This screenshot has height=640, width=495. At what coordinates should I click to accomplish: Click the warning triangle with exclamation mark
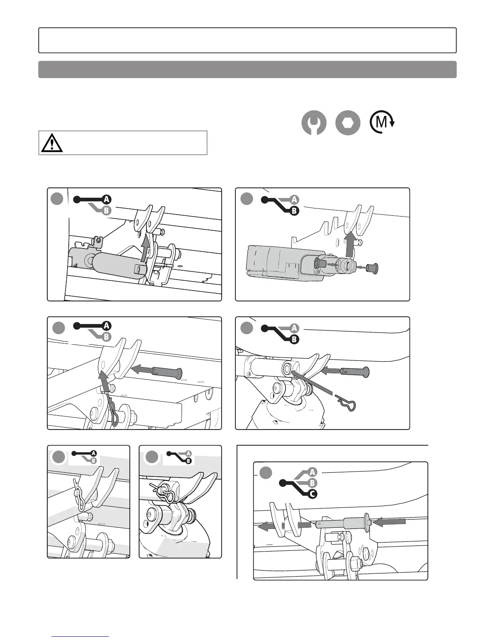click(x=52, y=143)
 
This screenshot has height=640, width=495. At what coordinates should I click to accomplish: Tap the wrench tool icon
click(x=314, y=123)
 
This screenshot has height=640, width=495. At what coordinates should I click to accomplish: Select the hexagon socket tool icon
click(x=348, y=123)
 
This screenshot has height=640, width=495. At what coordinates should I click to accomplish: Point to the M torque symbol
click(x=382, y=122)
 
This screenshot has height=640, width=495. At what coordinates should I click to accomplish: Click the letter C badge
click(x=312, y=494)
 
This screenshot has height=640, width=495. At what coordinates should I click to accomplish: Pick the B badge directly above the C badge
click(x=312, y=483)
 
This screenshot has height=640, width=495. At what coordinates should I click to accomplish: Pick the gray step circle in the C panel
click(x=266, y=473)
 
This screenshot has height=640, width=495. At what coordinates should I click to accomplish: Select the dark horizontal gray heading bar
click(x=247, y=69)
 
